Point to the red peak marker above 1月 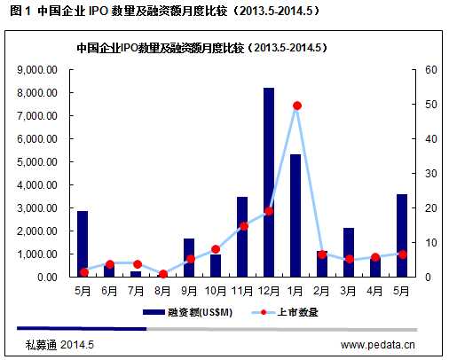tap(296, 106)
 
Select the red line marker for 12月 tap(269, 211)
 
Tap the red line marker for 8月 tap(163, 274)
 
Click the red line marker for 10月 tap(216, 249)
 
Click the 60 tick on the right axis tap(430, 69)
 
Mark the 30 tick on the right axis tap(430, 173)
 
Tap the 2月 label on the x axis tap(322, 290)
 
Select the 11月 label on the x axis tap(242, 290)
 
